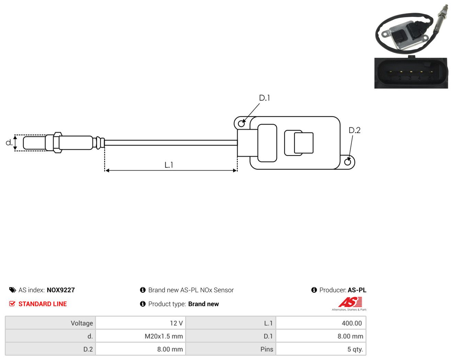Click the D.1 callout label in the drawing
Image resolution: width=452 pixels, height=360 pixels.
pos(264,98)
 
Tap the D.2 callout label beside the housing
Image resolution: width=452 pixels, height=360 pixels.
pos(354,131)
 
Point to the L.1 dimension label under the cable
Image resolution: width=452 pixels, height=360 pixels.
pos(169,165)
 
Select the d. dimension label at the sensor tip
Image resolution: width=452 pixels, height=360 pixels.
pos(9,143)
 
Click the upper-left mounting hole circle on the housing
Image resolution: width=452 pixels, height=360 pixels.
pos(241,124)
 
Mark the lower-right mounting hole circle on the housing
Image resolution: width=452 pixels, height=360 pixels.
pos(348,162)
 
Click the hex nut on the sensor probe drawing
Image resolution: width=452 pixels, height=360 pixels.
pos(58,143)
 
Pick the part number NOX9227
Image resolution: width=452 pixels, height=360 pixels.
pos(61,290)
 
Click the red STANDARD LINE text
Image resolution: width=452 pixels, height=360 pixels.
pos(43,304)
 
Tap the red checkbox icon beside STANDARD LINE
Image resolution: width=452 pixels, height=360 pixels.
pos(12,304)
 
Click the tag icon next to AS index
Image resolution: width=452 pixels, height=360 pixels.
pos(13,290)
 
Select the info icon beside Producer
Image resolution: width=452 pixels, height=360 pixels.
pos(314,290)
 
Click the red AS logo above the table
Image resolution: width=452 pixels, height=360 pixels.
pos(350,302)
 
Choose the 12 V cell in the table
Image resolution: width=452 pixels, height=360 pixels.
pos(140,323)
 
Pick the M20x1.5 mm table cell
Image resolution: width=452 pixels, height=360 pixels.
pos(140,336)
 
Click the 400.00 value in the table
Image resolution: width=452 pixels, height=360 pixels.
pos(321,323)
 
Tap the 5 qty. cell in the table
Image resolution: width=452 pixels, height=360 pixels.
pos(321,349)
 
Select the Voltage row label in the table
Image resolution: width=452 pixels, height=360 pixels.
pos(50,323)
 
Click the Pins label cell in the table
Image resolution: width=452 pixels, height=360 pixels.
pos(230,349)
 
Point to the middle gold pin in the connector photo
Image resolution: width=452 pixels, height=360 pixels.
pos(411,72)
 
